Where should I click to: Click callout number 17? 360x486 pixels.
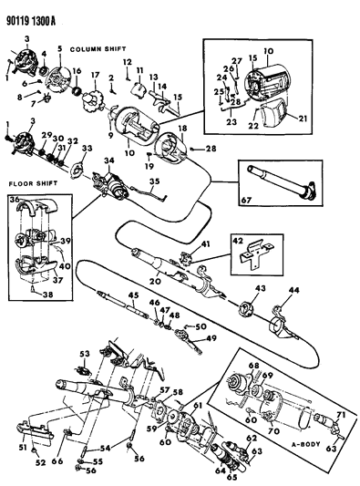click(x=94, y=75)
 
